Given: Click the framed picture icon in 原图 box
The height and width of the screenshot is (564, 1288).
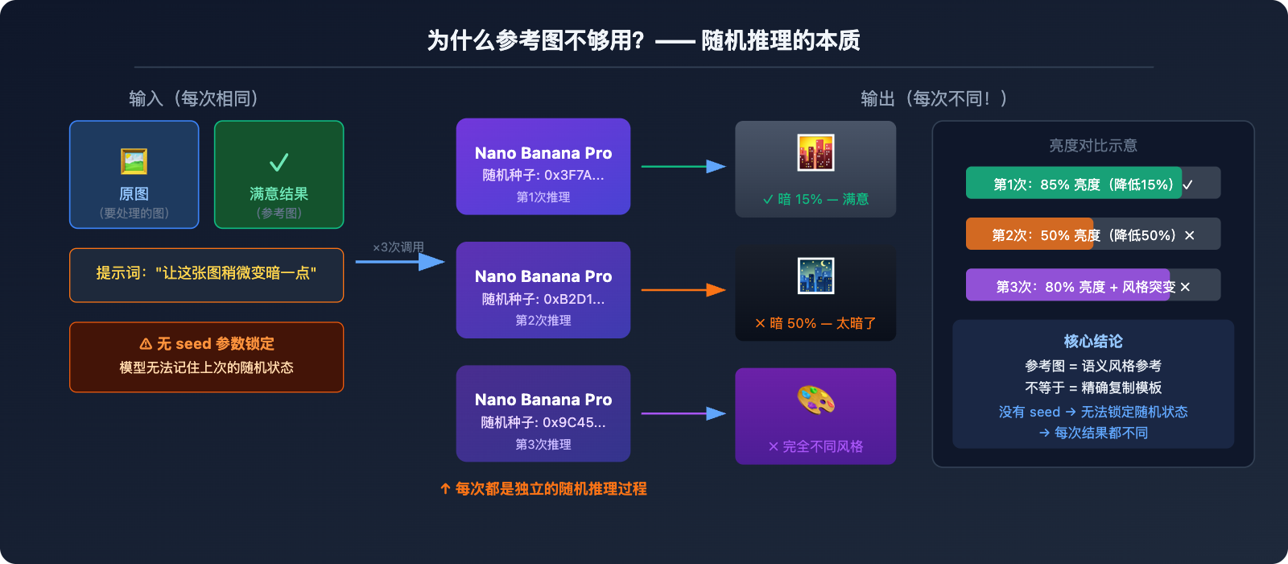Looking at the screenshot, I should click(x=134, y=161).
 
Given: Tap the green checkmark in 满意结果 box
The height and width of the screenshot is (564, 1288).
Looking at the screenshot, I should click(x=279, y=163).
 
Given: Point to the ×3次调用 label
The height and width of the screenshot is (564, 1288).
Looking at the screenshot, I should click(x=398, y=247).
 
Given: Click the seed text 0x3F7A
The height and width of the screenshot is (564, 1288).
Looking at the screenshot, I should click(x=573, y=176).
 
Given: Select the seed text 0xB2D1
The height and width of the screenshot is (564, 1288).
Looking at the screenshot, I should click(x=573, y=299).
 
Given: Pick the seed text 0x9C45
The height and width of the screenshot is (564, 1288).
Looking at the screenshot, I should click(x=573, y=422).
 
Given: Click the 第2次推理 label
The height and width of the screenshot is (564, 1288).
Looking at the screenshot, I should click(x=543, y=321).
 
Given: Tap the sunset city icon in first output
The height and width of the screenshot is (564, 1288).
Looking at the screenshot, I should click(x=815, y=153).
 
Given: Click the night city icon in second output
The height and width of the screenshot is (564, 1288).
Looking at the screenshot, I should click(x=815, y=276).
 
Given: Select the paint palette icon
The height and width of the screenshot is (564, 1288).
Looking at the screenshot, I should click(x=815, y=400).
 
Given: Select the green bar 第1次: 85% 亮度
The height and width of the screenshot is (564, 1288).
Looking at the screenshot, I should click(x=1072, y=184).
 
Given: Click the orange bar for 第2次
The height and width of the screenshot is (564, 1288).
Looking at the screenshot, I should click(x=1029, y=234).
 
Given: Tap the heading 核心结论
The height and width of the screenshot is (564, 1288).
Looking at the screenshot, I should click(x=1092, y=342).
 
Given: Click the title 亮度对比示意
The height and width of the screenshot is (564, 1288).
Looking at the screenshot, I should click(x=1092, y=146).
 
